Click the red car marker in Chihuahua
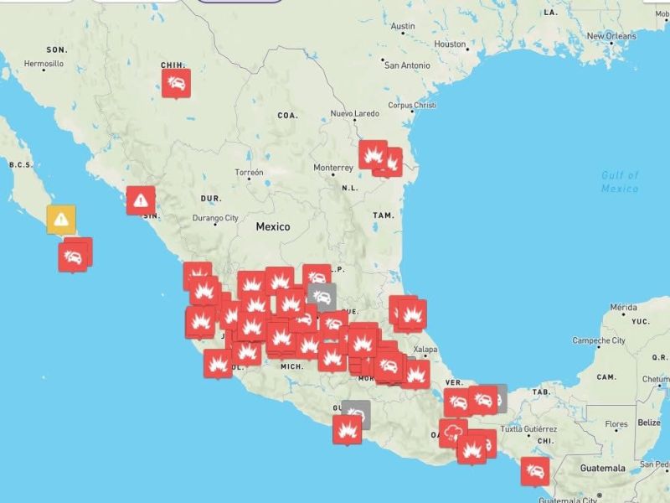[176, 82]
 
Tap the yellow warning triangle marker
[61, 219]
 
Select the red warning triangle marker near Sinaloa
[141, 200]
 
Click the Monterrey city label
[333, 168]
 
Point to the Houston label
[450, 44]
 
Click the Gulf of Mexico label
[620, 182]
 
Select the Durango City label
[215, 218]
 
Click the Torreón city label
[249, 172]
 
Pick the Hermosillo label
[44, 64]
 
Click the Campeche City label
[599, 340]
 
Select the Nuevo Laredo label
[355, 113]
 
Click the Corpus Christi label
[412, 106]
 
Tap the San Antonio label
[408, 65]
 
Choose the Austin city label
[403, 27]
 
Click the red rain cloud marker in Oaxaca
[453, 432]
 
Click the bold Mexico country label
[272, 226]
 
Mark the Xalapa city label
[425, 350]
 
